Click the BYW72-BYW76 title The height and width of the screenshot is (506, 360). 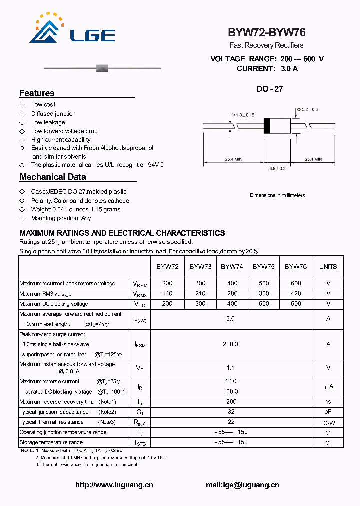point(266,33)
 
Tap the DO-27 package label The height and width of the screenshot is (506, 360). point(270,89)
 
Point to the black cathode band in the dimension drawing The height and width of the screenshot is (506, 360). point(267,125)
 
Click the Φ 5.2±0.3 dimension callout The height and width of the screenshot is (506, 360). point(307,109)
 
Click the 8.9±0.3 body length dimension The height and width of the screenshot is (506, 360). point(277,169)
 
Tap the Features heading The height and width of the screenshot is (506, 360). point(37,93)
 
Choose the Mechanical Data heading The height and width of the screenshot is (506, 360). point(52,177)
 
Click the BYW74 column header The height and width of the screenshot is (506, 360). point(232,267)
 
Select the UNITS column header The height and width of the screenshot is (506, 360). point(328,267)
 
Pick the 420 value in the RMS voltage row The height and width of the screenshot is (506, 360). point(296,294)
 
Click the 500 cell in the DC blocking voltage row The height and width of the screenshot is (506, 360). point(263,304)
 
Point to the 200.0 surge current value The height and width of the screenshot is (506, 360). point(230,344)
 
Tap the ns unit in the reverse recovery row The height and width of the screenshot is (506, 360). point(328,402)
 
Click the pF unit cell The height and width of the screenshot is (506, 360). point(328,412)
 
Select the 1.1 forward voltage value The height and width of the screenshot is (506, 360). point(230,368)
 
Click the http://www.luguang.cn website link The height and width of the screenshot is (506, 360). point(114,485)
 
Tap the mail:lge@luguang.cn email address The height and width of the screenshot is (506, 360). point(242,485)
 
